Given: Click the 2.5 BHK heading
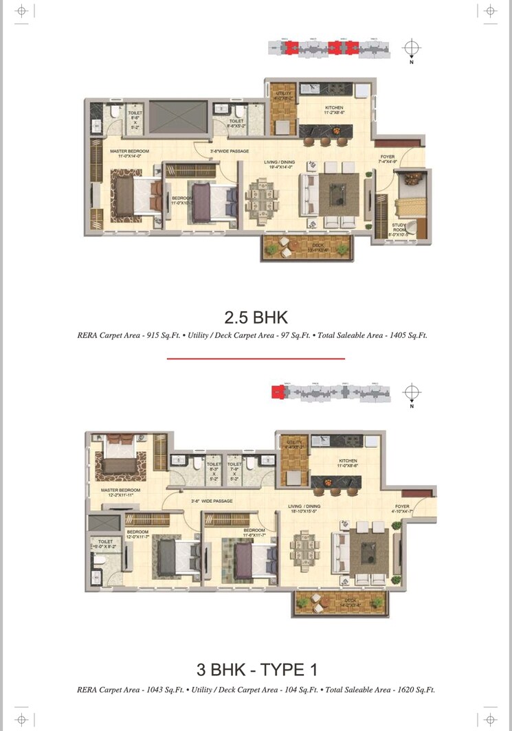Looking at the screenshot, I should [256, 317].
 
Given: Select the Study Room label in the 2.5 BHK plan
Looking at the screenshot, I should [399, 227].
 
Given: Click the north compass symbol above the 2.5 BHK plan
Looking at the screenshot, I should [411, 48].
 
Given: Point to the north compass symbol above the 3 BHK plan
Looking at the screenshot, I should [411, 392].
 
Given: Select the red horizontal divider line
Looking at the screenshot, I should [256, 358].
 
